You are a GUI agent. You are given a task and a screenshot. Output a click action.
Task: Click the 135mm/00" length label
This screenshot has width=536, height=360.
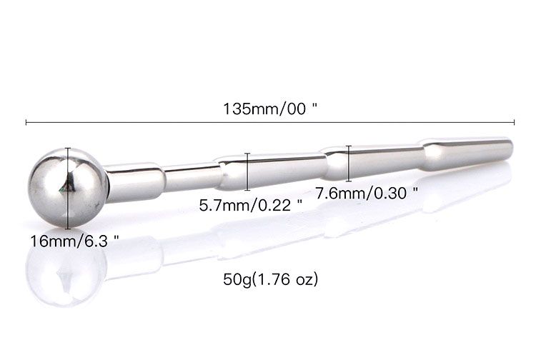tap(270, 109)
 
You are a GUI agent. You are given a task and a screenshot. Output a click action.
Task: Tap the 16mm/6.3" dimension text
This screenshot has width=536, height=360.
tap(74, 241)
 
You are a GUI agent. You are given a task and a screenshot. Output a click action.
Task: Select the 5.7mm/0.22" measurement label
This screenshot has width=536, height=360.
tap(251, 205)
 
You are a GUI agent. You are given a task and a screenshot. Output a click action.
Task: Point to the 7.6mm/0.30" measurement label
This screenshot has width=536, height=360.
tap(366, 194)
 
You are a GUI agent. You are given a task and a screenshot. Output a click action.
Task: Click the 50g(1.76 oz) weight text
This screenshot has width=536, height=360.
tap(271, 279)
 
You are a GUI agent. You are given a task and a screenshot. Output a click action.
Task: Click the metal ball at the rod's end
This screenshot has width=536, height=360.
tap(69, 188)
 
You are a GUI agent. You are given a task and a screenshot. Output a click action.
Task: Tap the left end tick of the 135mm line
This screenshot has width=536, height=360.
tap(26, 122)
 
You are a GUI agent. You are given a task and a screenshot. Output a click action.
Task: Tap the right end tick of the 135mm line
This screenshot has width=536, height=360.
tap(514, 122)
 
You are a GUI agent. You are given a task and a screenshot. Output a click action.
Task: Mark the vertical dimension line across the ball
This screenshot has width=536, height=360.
tap(68, 188)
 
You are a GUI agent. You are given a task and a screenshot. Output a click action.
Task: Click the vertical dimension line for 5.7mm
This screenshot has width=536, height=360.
tap(247, 171)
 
